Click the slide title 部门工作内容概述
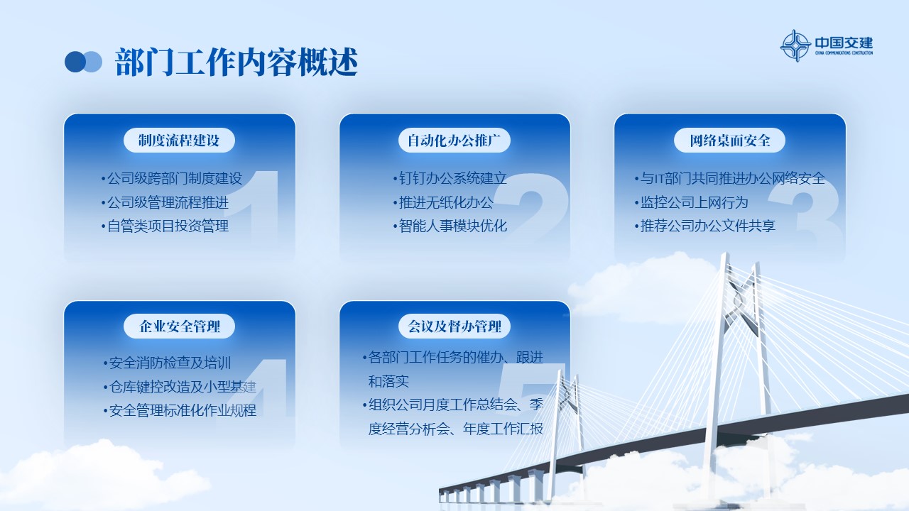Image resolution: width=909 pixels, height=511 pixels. (236, 62)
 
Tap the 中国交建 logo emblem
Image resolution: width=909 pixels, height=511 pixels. (795, 45)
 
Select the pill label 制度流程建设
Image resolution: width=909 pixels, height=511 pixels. (179, 141)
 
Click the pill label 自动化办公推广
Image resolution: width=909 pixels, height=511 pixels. (454, 141)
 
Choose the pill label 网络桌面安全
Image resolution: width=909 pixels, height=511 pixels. (729, 141)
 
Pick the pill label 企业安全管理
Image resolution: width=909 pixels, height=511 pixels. (179, 326)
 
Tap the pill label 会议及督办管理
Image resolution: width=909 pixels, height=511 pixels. (454, 326)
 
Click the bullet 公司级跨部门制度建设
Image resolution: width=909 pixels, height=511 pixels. (172, 178)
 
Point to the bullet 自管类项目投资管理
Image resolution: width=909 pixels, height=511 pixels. (165, 226)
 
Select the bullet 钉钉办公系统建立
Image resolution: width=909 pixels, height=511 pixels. (450, 178)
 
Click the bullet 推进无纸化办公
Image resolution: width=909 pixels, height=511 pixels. (443, 202)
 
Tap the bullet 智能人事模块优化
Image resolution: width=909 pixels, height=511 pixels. (450, 226)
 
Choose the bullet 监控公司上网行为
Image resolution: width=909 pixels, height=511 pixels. (691, 202)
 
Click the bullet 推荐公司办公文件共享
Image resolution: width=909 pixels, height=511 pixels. (705, 226)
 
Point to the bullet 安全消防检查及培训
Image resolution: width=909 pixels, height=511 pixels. (167, 363)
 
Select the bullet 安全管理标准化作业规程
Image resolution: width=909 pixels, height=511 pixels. (180, 410)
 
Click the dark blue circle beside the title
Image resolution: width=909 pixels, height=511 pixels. (75, 62)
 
